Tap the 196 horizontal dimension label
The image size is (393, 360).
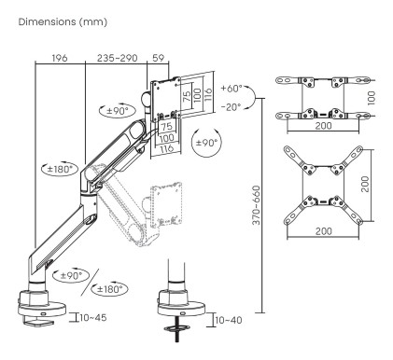click(x=60, y=59)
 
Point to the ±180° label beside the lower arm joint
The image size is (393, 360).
click(x=61, y=169)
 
